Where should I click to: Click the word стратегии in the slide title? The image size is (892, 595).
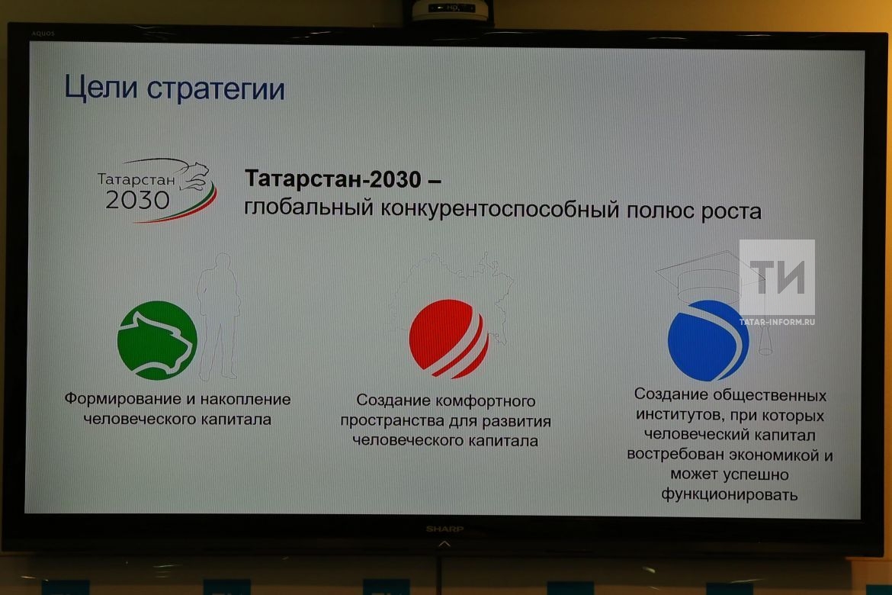coord(216,89)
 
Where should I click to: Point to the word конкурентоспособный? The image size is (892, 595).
coord(499,209)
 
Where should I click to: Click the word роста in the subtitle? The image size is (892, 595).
coord(731,212)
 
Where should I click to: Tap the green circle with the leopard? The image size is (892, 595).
coord(157,340)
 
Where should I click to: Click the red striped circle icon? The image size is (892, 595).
coord(449,339)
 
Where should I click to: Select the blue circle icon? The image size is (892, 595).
coord(708,340)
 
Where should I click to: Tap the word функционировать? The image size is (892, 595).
coord(730,494)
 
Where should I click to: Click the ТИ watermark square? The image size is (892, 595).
coord(777,278)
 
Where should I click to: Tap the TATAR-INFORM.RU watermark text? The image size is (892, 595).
coord(777,322)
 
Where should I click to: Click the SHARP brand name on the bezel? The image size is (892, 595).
coord(445,529)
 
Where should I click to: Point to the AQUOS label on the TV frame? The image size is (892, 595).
coord(43,34)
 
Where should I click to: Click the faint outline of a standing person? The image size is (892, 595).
coord(219,317)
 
